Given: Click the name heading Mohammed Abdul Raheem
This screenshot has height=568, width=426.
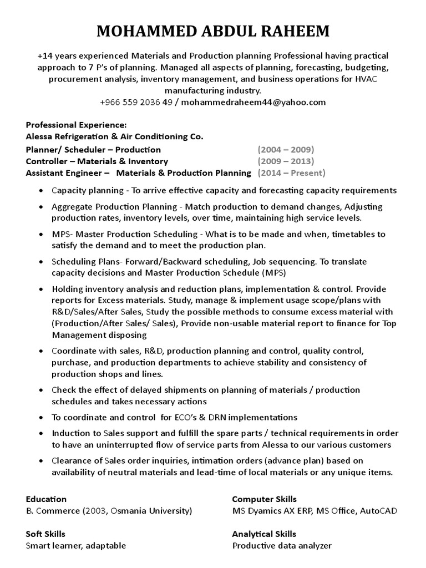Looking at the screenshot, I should tap(213, 32).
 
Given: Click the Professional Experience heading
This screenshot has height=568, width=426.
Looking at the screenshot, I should tap(77, 125).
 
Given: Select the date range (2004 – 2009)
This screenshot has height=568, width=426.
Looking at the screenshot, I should tap(286, 149).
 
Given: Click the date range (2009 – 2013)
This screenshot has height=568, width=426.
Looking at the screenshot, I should tap(286, 161).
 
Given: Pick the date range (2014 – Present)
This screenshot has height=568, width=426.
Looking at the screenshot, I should tap(291, 173).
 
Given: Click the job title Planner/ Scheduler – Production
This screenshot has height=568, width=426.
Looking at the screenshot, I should tap(93, 149).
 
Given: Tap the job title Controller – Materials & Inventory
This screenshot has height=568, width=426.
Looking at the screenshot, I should tap(97, 161).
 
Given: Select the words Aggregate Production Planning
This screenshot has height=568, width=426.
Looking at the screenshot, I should tap(114, 206).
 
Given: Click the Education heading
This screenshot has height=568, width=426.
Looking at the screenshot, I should tap(46, 499).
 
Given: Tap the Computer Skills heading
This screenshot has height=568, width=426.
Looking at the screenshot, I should tap(264, 499).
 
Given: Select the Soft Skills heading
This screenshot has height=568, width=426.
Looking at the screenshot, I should tap(45, 534).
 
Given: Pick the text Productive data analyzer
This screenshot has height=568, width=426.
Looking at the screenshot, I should tap(282, 545).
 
